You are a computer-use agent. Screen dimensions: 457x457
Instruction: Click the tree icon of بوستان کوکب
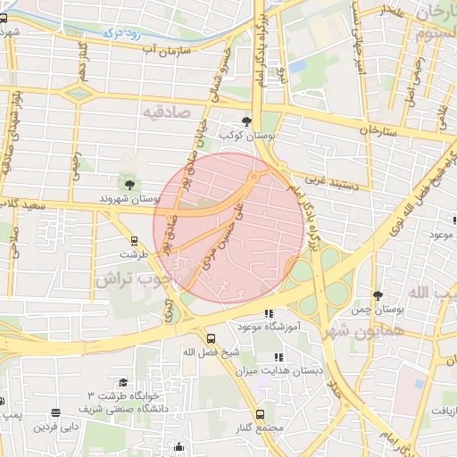pos(246,121)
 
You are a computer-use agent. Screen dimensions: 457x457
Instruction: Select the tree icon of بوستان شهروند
pos(130,184)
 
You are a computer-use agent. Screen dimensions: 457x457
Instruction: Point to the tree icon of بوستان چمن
pos(378,295)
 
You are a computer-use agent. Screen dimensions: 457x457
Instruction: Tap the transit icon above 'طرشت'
pos(134,240)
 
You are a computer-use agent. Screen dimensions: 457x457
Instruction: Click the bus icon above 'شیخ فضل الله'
pos(211,338)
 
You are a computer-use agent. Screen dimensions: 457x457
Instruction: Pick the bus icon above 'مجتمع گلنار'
pos(260,415)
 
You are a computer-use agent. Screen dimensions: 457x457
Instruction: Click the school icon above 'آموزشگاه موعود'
pos(269,314)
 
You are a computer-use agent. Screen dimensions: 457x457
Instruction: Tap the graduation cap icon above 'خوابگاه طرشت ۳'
pos(122,382)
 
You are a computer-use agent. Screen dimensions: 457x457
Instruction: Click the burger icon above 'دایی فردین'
pos(56,413)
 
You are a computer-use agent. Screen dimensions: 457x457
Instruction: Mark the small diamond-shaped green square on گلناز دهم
pos(79,92)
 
